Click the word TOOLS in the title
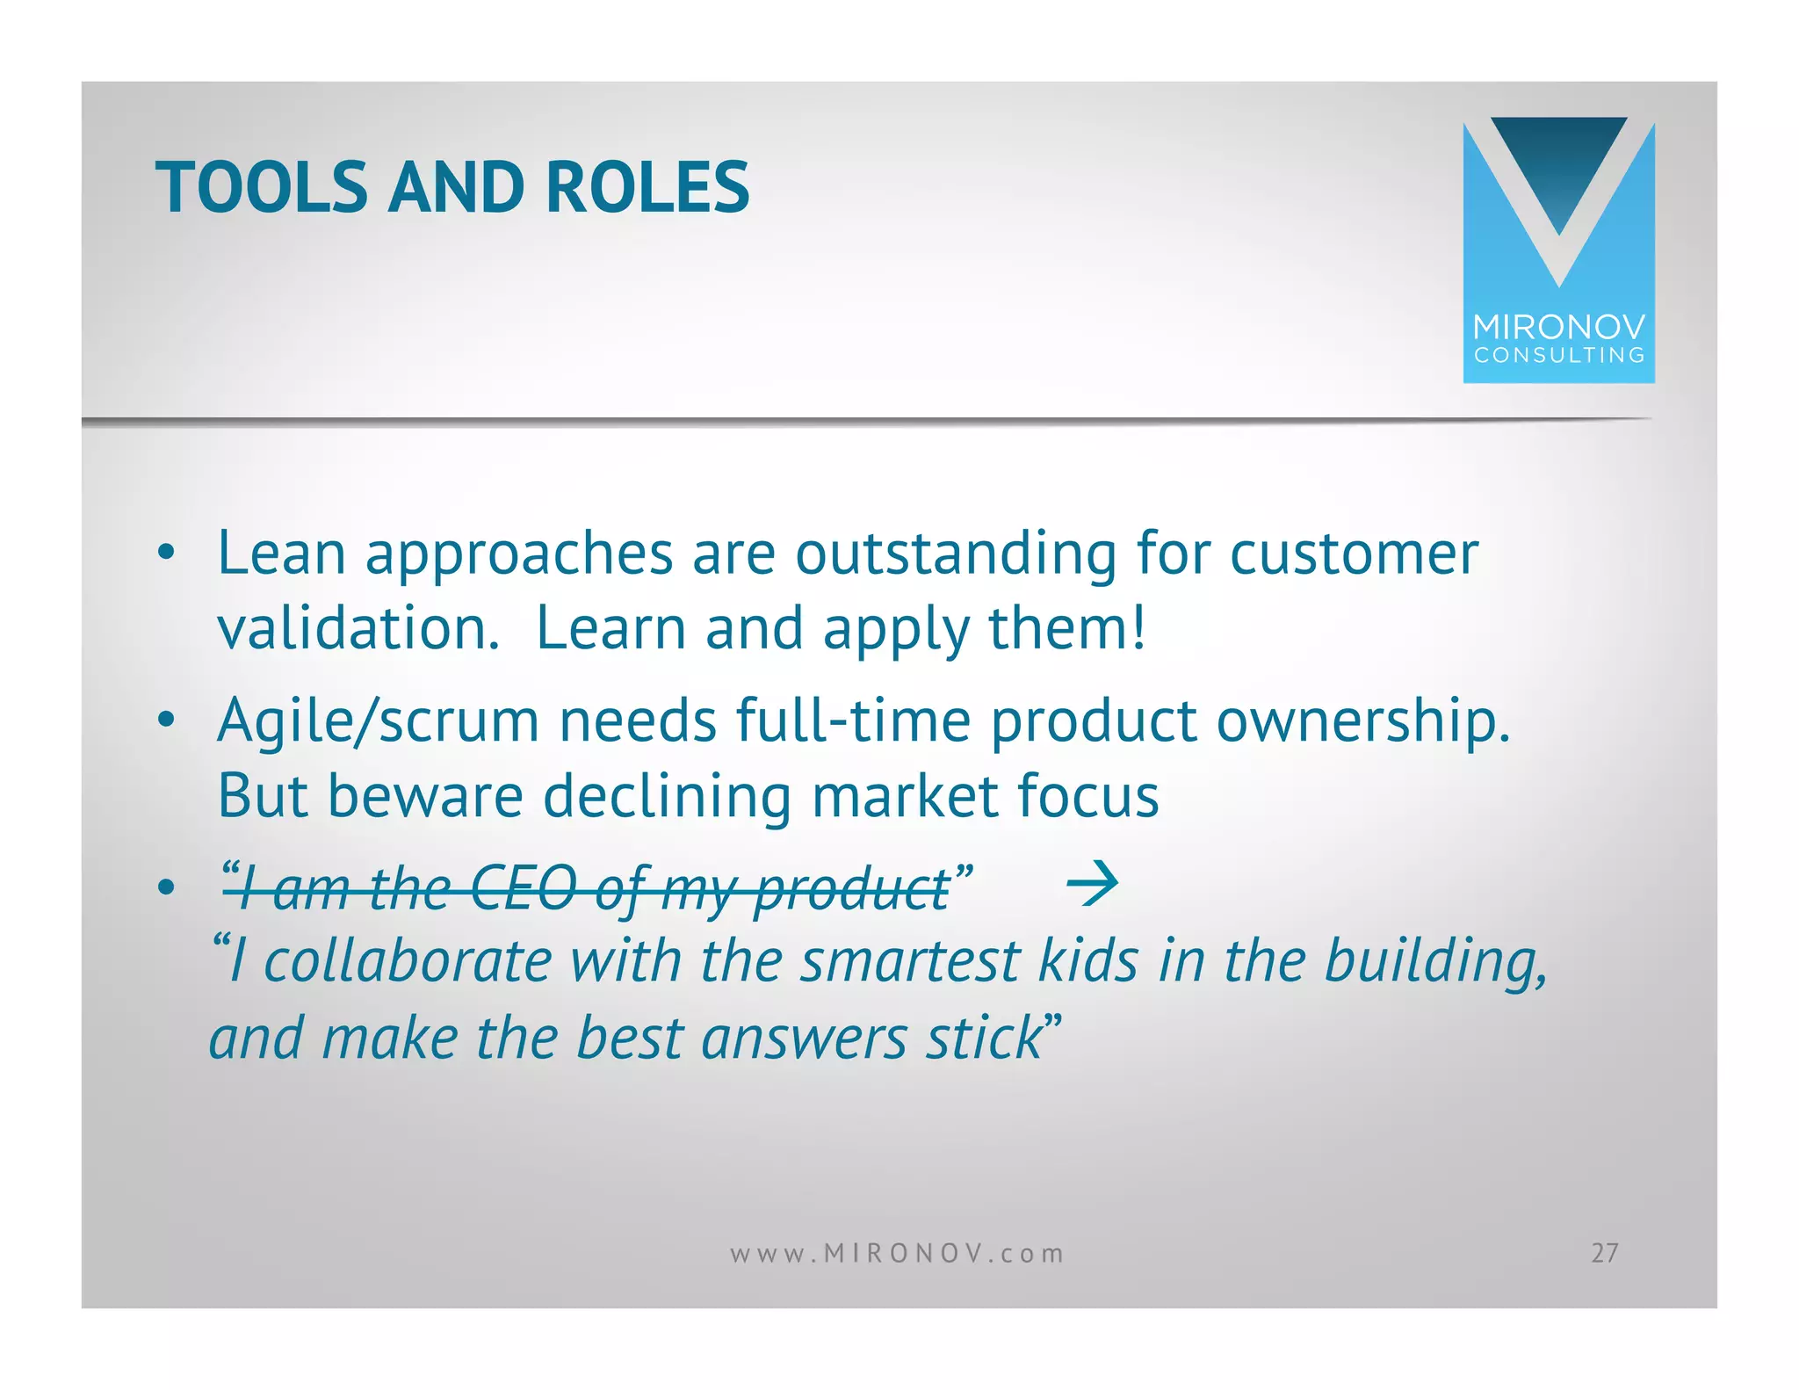[261, 187]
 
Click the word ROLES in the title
[647, 187]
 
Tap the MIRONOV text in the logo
[1558, 328]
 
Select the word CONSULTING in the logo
[1558, 355]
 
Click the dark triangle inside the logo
[1559, 167]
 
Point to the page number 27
[1604, 1253]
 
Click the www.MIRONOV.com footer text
[897, 1253]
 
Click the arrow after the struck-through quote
[1092, 883]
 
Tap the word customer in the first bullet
[1354, 555]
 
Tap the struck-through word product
[850, 890]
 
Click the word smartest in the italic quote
[910, 960]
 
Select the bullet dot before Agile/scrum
[166, 721]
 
